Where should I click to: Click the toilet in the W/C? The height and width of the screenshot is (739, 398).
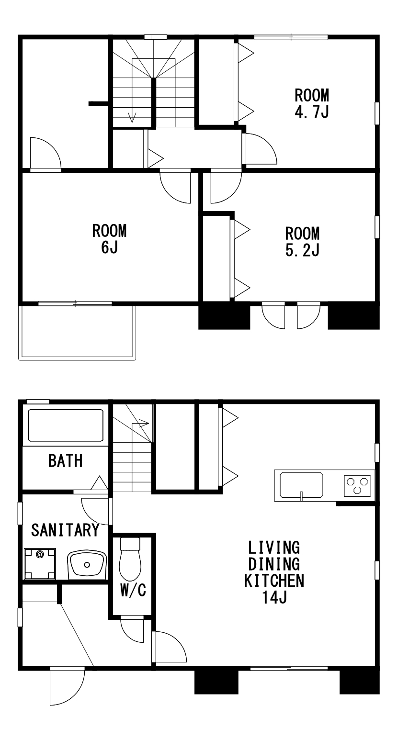[x=130, y=559]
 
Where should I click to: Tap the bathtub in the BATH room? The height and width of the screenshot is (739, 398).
[x=66, y=425]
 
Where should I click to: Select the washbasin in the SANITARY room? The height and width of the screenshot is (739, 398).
[x=87, y=564]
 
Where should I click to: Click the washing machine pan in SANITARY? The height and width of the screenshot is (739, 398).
[x=40, y=563]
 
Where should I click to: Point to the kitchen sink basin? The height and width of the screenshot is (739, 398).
[x=301, y=485]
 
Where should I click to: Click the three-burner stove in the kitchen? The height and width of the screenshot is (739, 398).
[x=357, y=485]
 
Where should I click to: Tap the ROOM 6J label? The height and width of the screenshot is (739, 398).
[x=109, y=239]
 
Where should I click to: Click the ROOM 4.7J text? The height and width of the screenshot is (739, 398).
[x=311, y=103]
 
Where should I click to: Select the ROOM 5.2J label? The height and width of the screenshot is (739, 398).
[x=302, y=242]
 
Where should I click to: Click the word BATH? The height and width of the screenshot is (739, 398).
[x=65, y=460]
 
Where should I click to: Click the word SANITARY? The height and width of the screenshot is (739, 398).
[x=65, y=530]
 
